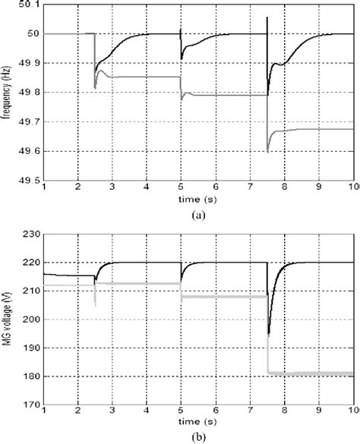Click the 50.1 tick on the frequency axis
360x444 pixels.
30,5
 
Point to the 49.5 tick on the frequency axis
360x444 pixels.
30,180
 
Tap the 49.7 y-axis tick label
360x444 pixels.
30,121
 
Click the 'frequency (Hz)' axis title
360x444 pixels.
7,92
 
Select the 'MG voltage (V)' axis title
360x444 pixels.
7,320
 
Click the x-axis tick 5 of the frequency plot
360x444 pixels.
180,187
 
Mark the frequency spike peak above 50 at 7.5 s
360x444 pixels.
267,17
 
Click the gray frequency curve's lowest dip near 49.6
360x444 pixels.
268,152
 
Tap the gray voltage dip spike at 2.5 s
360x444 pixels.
95,305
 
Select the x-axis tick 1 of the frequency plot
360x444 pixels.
44,187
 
